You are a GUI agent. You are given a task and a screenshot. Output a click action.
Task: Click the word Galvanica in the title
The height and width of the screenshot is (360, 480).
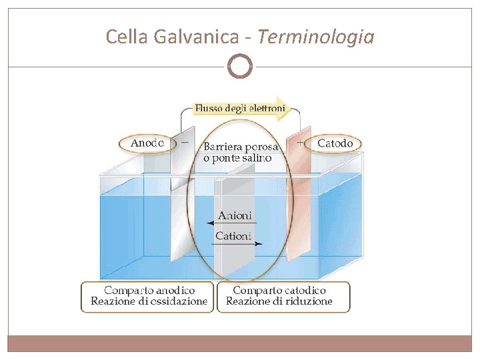[195, 37]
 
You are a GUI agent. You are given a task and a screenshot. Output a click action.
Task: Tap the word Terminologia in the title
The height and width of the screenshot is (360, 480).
[315, 37]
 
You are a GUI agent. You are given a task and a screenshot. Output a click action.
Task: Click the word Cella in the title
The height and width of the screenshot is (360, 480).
[127, 37]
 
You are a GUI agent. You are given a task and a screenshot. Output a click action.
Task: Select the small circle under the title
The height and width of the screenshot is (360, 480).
[240, 67]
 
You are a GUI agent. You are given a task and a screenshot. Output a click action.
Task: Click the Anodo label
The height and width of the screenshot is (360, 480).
[147, 143]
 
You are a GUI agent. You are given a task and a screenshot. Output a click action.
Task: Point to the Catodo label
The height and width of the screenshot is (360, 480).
[335, 143]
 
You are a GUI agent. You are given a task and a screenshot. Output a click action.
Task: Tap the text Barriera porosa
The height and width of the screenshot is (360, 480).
[241, 146]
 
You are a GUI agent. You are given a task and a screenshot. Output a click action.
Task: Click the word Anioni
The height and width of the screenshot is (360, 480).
[235, 215]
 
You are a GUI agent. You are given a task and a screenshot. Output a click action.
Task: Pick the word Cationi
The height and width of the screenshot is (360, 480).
[233, 235]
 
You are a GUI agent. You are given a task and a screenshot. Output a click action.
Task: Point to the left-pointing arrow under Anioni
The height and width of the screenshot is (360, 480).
[237, 223]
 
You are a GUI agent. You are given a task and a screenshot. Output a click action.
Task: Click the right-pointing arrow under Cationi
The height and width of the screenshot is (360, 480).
[238, 244]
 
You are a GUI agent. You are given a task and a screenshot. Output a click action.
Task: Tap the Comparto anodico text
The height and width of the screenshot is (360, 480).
[149, 291]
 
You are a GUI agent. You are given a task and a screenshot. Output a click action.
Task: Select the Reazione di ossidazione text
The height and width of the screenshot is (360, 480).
[149, 301]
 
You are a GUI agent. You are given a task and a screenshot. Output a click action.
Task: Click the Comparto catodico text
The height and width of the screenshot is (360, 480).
[279, 291]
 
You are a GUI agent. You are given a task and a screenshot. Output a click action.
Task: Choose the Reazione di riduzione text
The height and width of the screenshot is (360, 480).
[279, 301]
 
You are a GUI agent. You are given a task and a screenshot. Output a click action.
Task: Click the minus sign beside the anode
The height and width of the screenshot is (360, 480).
[185, 142]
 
